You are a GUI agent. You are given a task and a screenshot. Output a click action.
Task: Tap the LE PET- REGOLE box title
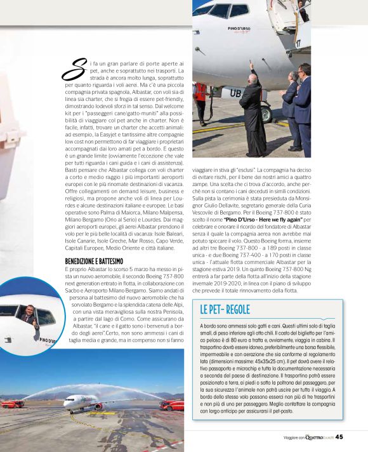[225, 309]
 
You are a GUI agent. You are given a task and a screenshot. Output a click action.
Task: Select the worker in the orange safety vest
[202, 95]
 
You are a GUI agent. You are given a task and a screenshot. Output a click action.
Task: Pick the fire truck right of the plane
[171, 404]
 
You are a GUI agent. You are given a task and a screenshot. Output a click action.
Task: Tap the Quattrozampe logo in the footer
[320, 437]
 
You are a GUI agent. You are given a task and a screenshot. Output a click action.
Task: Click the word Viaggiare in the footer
[293, 437]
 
